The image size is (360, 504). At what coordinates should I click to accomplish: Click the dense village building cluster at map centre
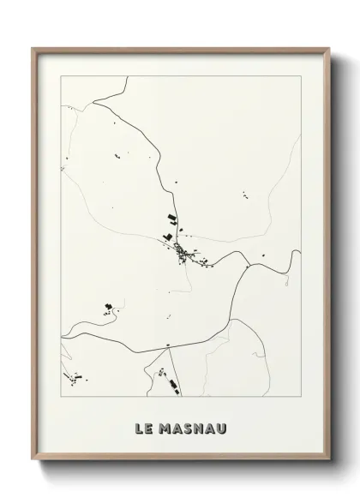(183, 250)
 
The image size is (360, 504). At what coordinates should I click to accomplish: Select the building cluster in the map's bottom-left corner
(75, 375)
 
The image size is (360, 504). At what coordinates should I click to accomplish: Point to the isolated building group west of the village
(108, 305)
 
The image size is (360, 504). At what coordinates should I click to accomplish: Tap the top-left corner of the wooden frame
(33, 48)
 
